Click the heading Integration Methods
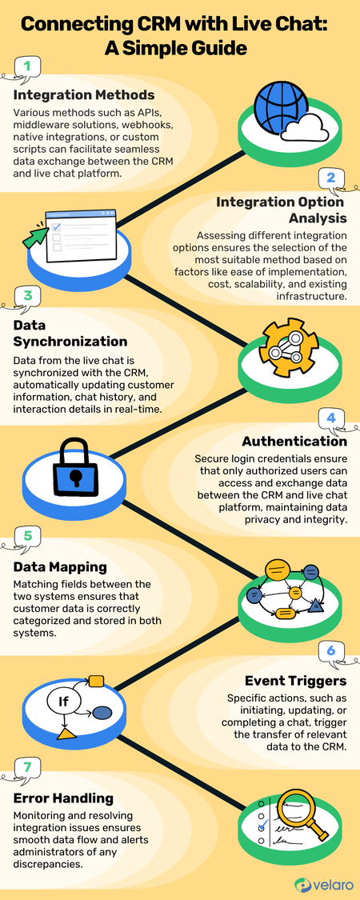tap(83, 94)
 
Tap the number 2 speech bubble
tap(331, 178)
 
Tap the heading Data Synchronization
tap(70, 333)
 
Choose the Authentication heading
tap(294, 442)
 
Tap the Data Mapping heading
tap(60, 567)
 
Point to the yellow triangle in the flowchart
tap(67, 734)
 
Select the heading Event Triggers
tap(295, 681)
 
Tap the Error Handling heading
tap(63, 798)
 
